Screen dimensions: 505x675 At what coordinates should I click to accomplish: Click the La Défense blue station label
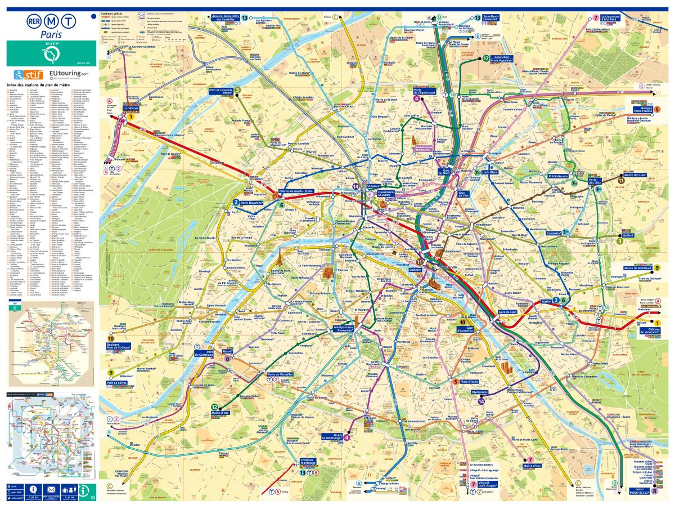[x=130, y=109]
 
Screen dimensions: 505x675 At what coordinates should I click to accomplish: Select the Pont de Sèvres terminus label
[x=116, y=382]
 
